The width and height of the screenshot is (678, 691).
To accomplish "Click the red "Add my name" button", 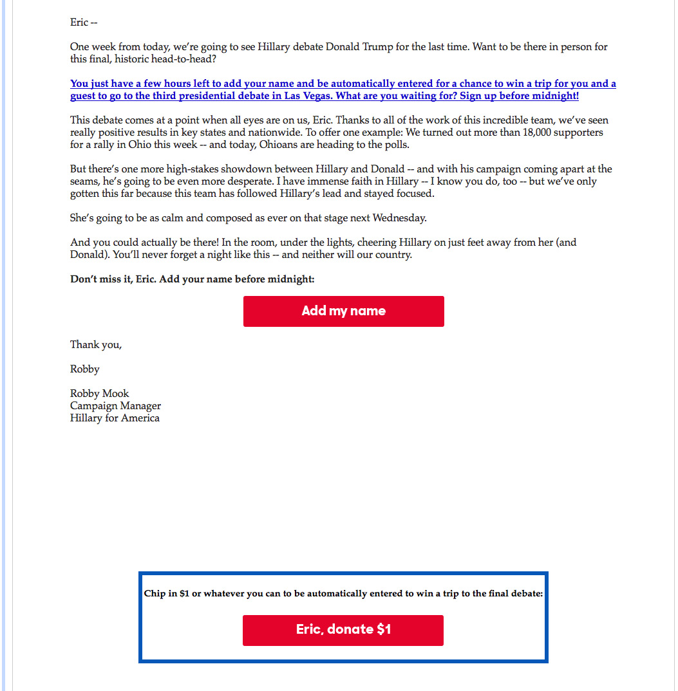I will click(343, 311).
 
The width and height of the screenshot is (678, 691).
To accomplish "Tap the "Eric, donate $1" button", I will click(343, 630).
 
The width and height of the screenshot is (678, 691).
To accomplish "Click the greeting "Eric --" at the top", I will click(84, 23).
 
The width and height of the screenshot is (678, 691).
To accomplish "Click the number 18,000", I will click(510, 133).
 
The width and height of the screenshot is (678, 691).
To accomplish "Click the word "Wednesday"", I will click(399, 218).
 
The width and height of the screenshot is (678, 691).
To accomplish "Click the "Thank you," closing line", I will click(96, 345).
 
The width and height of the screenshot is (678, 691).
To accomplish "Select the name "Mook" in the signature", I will click(117, 394).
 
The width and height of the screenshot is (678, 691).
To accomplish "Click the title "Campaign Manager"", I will click(116, 406).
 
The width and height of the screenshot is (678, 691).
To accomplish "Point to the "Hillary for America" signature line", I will click(115, 418).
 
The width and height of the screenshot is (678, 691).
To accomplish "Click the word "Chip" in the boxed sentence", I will click(155, 594).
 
